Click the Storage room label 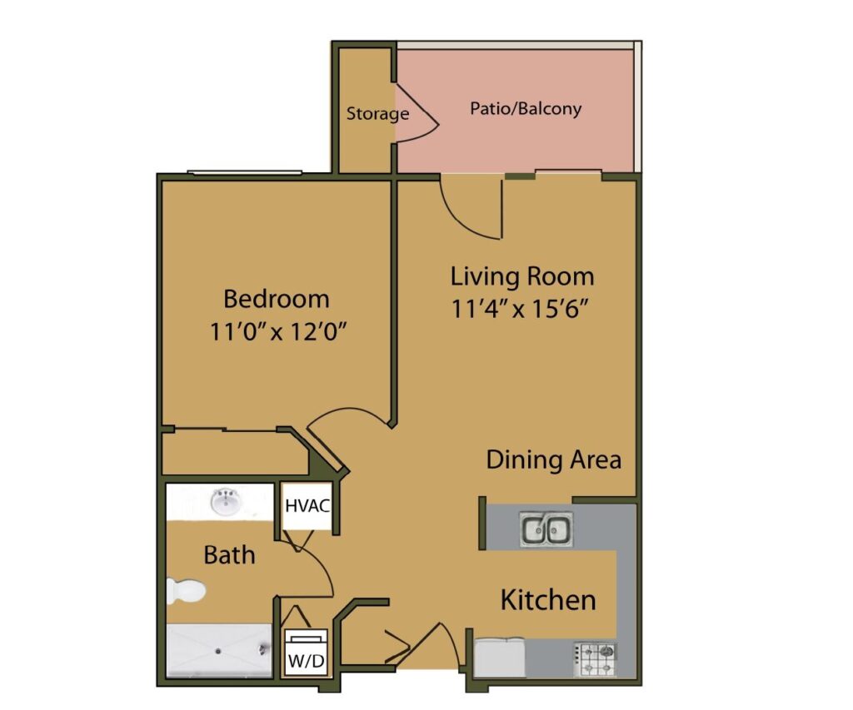[377, 113]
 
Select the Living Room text [522, 276]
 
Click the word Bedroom [277, 298]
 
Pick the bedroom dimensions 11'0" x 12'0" [278, 331]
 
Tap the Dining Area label [553, 459]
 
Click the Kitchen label [547, 599]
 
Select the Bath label [229, 554]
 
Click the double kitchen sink [546, 529]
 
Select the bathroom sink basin [224, 503]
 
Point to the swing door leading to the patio [471, 208]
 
